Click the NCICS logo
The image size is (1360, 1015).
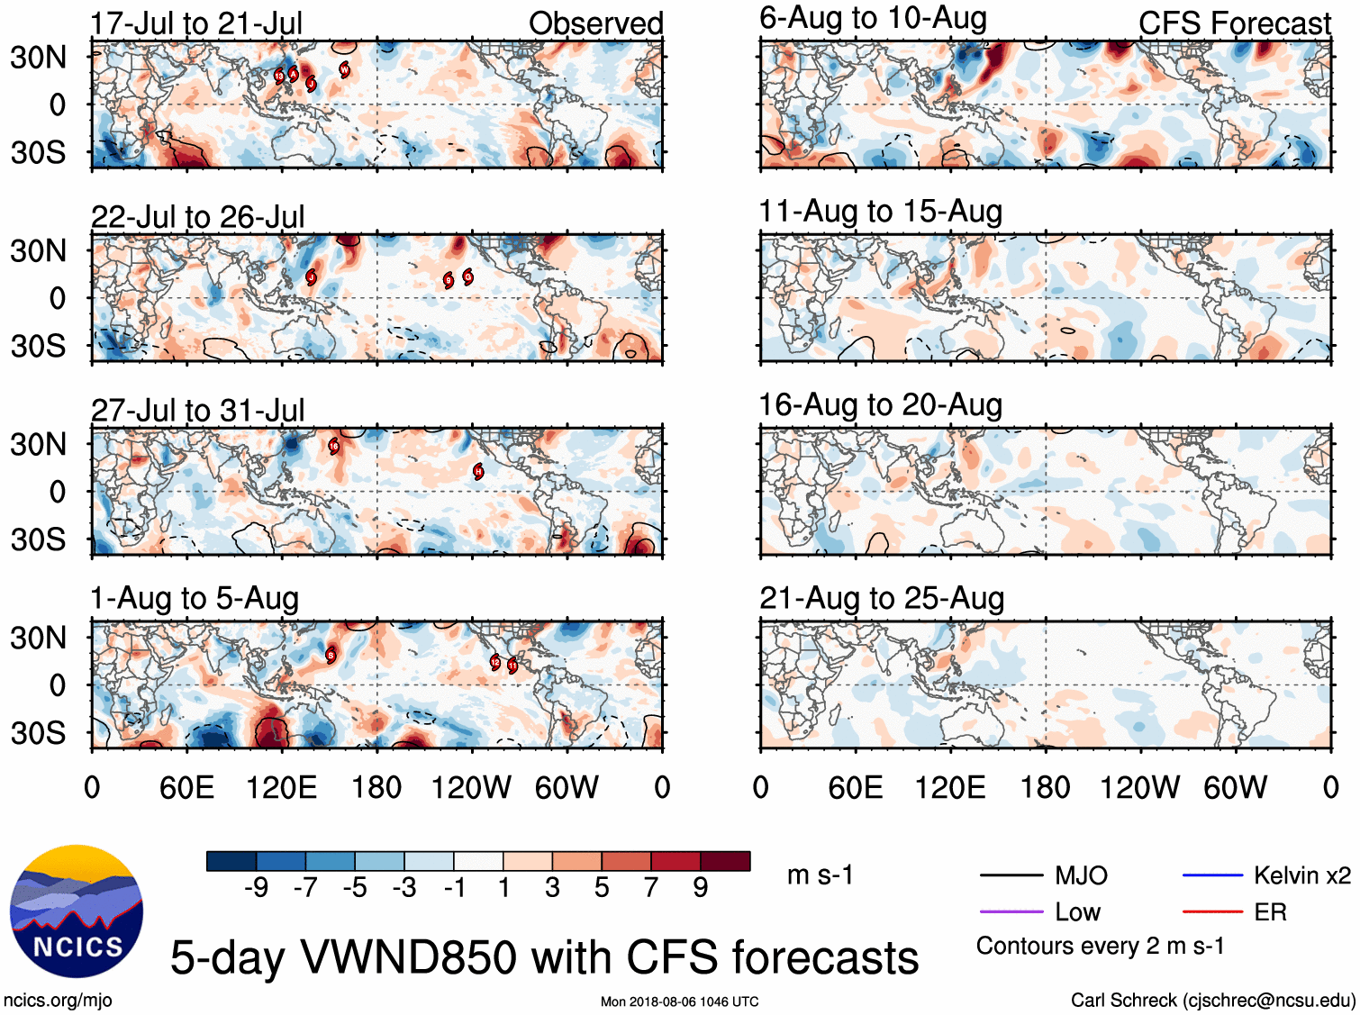click(x=77, y=911)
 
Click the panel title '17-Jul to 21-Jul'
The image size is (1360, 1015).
click(x=196, y=23)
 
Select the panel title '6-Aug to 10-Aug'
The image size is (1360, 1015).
click(x=873, y=18)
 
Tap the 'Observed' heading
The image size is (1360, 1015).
click(x=595, y=23)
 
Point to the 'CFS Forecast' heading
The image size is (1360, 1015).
click(x=1234, y=23)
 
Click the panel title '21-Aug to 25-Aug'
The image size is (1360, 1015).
click(x=881, y=598)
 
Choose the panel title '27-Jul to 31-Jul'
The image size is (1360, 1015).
click(x=197, y=411)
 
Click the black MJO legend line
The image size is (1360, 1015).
click(x=1011, y=875)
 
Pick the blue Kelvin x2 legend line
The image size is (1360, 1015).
click(x=1212, y=875)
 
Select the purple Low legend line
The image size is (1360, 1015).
click(x=1011, y=912)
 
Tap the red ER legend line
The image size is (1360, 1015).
click(x=1212, y=912)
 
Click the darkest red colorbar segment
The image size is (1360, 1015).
click(x=725, y=861)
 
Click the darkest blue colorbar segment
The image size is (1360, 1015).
click(x=231, y=861)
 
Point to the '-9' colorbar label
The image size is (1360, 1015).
click(x=257, y=888)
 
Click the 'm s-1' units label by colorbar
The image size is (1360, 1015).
click(x=820, y=875)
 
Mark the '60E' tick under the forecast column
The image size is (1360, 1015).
click(x=855, y=788)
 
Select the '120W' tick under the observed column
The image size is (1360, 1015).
click(x=471, y=788)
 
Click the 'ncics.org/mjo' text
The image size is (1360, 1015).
click(x=59, y=1000)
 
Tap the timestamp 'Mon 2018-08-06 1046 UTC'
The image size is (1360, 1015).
click(x=679, y=1001)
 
